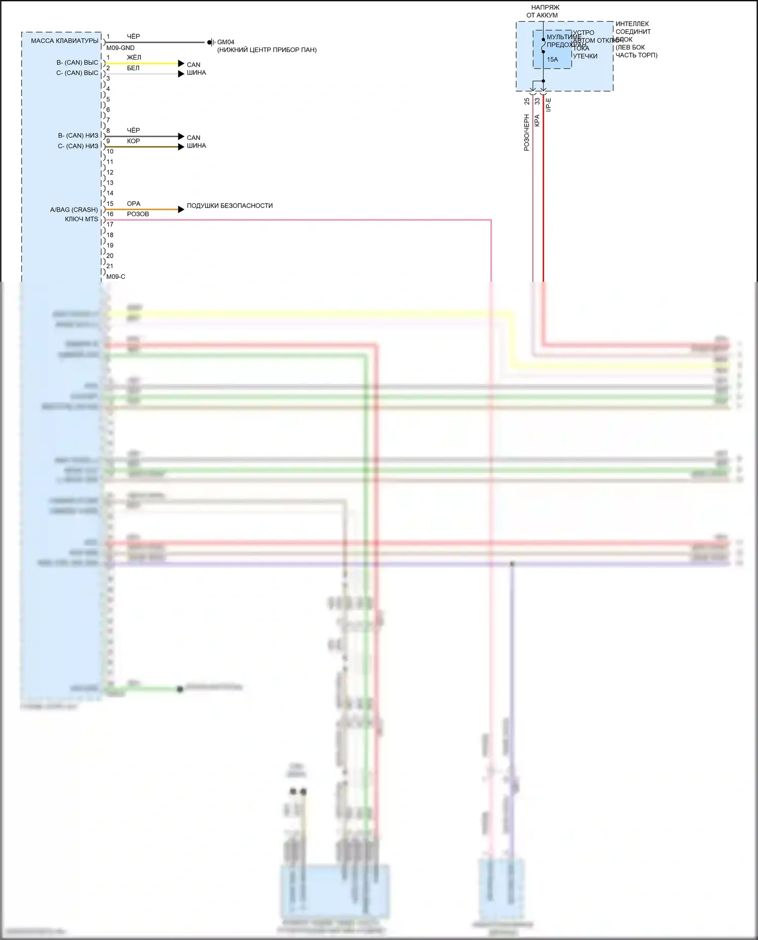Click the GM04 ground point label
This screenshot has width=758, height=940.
pos(226,42)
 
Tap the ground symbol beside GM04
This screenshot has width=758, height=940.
pos(211,42)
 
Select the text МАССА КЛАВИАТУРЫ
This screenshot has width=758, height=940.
pos(65,41)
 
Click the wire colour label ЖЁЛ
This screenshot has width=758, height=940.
pos(134,58)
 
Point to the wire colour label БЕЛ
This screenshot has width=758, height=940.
pos(133,68)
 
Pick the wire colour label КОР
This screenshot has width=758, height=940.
pos(133,141)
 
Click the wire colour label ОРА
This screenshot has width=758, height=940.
pos(133,204)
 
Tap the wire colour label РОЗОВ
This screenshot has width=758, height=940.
pos(138,214)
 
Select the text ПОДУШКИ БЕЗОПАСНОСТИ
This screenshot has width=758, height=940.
pos(229,206)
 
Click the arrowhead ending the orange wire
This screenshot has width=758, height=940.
pos(181,209)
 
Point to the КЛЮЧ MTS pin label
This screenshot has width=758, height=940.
pos(81,219)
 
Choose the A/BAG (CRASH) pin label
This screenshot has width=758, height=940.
pos(74,210)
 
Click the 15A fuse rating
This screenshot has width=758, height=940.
pos(552,60)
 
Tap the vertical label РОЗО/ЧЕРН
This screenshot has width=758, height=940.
pos(527,132)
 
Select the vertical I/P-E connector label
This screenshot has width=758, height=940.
pos(549,105)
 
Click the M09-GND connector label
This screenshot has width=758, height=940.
pos(120,48)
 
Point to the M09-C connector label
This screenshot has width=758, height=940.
pos(116,277)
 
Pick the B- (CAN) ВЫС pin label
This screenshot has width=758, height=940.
pos(77,63)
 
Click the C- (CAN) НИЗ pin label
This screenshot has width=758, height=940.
pos(78,146)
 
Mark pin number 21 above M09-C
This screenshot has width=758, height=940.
pos(110,266)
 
